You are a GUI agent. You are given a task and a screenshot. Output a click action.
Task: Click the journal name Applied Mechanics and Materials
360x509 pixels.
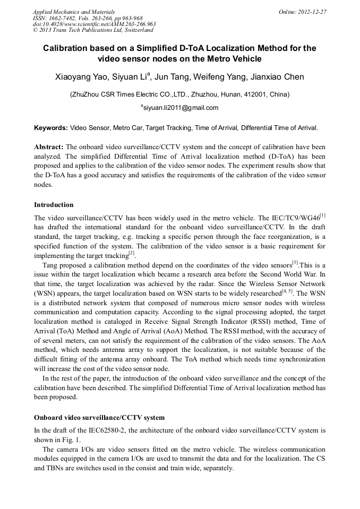point(73,11)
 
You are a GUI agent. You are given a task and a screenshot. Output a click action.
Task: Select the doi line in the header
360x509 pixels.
point(94,24)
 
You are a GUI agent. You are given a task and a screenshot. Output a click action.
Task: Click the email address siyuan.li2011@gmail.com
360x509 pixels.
point(181,108)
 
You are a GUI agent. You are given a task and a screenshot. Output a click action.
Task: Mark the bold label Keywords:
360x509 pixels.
point(51,128)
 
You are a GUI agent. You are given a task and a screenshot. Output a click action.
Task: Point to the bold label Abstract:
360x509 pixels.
point(49,146)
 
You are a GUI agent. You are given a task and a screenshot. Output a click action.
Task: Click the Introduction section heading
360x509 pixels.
point(54,204)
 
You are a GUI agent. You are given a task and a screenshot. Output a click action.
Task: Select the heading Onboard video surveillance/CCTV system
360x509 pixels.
point(99,417)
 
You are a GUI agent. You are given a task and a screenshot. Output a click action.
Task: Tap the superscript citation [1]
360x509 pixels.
point(322,215)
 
